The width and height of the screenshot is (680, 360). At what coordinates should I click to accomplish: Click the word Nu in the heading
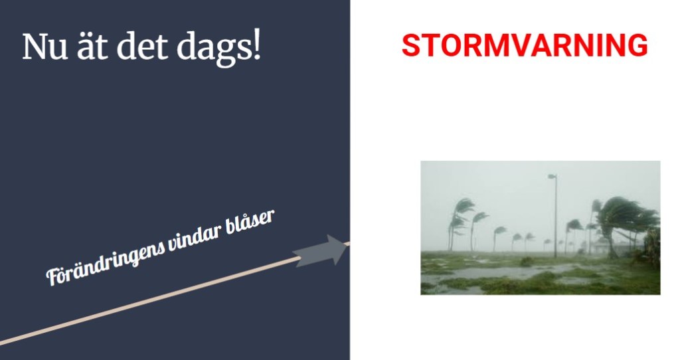(44, 46)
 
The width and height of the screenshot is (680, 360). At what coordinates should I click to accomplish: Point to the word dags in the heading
(212, 49)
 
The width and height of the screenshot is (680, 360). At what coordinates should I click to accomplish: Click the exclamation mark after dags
(256, 46)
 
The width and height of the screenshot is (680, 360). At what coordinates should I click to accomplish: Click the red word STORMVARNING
(525, 45)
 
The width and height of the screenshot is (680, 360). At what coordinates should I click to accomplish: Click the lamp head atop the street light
(552, 177)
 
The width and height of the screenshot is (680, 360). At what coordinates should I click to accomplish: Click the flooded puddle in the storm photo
(499, 272)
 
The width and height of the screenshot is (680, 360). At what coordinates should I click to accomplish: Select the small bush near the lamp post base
(527, 261)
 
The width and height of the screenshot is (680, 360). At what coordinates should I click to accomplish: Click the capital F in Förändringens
(53, 278)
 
